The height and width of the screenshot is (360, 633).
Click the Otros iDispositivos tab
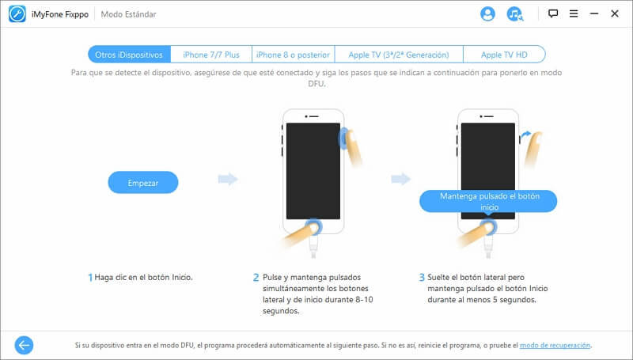[x=129, y=55]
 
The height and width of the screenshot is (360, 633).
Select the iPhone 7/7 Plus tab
[x=211, y=55]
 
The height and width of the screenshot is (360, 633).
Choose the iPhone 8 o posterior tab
[x=293, y=55]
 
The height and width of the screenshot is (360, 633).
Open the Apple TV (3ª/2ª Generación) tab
[x=399, y=55]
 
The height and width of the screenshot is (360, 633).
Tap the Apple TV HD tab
[x=504, y=55]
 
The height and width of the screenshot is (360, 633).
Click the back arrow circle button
[x=24, y=345]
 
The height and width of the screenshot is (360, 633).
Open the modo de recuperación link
[x=555, y=346]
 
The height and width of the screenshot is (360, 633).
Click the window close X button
[x=615, y=13]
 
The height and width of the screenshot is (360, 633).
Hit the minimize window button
[x=594, y=13]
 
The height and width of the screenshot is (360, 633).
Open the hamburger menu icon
[x=573, y=13]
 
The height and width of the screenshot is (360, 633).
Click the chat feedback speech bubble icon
[x=552, y=13]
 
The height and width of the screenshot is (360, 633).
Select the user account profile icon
[x=487, y=13]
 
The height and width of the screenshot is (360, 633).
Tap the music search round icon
[x=515, y=13]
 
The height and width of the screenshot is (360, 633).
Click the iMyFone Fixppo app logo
[x=17, y=14]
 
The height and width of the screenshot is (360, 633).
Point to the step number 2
[x=256, y=278]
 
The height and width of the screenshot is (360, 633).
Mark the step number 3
[x=422, y=278]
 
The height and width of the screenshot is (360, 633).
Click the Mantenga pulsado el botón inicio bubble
[x=488, y=202]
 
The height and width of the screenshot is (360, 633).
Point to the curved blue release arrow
[x=525, y=135]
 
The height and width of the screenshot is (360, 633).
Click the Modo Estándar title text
[x=128, y=14]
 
